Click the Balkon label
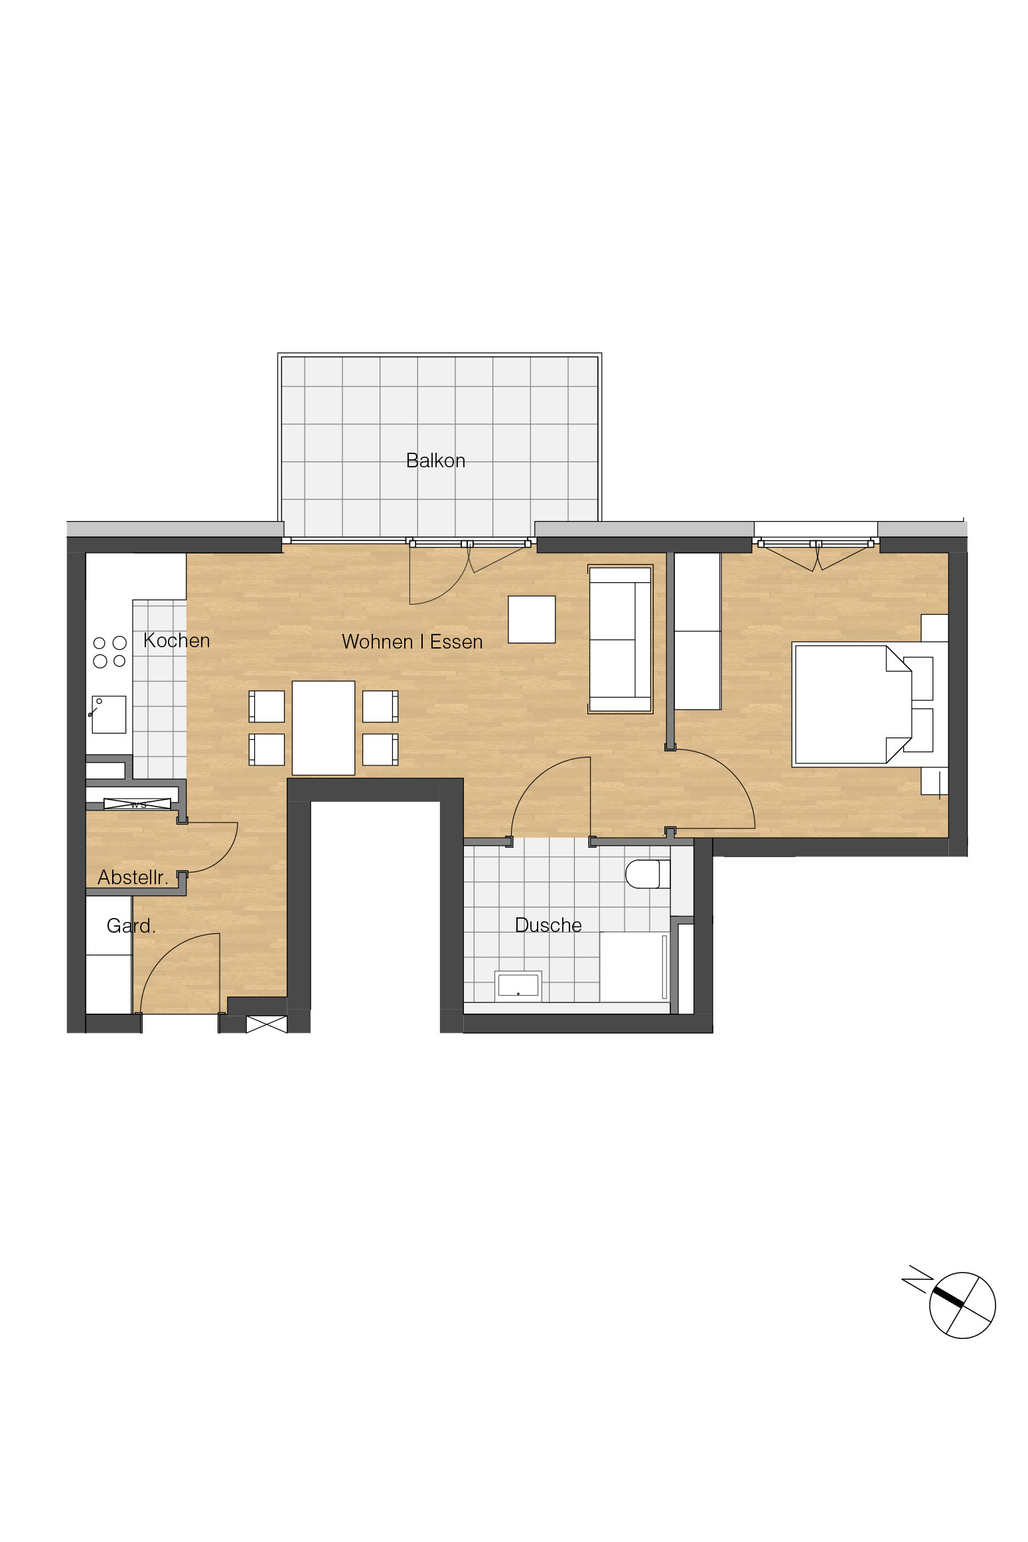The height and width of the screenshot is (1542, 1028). [x=435, y=461]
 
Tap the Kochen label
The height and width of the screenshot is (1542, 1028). [x=177, y=641]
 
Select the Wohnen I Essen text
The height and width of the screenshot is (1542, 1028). [x=412, y=642]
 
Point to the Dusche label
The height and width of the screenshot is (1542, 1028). [x=548, y=925]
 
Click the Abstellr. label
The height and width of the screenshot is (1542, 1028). [x=133, y=878]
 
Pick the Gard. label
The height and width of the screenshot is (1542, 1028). [x=131, y=925]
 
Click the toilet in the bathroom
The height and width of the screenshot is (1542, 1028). [x=648, y=874]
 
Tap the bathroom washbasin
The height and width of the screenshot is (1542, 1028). [x=518, y=986]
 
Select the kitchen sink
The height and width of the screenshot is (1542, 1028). [x=109, y=714]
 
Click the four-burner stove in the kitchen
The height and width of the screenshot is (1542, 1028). [x=110, y=652]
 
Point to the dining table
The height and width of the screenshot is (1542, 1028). [x=323, y=728]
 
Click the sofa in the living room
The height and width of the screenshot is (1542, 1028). [x=621, y=639]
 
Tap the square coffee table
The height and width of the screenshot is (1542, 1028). [x=532, y=619]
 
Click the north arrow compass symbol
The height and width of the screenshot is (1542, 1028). [x=962, y=1305]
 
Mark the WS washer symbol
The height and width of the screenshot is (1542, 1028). [x=137, y=805]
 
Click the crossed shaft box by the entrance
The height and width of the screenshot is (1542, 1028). [x=267, y=1024]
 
